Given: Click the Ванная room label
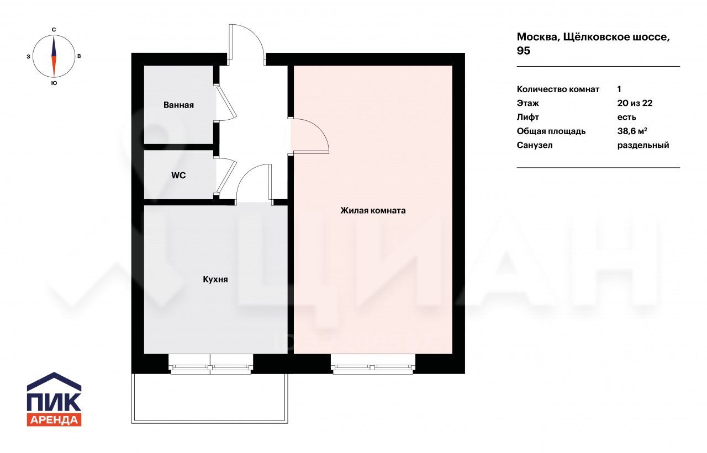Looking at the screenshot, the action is click(x=178, y=105).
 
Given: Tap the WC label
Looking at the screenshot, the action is click(x=178, y=175).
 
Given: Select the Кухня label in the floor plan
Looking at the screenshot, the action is click(x=215, y=279).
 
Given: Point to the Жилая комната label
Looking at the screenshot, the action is click(x=373, y=210).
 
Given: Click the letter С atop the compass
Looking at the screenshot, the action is click(x=54, y=30).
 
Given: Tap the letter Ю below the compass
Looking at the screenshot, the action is click(x=54, y=83).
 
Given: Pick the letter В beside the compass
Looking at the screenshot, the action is click(x=79, y=56).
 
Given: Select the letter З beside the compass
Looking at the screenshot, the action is click(x=28, y=56).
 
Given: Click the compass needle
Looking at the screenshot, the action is click(x=54, y=56).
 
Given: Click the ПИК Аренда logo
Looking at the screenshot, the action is click(x=54, y=399).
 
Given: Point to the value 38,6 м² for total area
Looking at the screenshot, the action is click(x=632, y=131).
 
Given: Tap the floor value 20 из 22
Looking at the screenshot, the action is click(x=635, y=103).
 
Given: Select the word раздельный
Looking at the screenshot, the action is click(x=643, y=145).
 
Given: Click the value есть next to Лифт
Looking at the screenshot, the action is click(x=626, y=118).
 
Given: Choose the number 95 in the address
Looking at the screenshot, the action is click(x=523, y=51).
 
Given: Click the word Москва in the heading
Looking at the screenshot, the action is click(x=539, y=38).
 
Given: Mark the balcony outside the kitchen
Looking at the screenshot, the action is click(x=209, y=398).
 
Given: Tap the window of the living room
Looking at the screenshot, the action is click(x=373, y=364).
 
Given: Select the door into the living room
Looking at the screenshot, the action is click(x=309, y=136).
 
